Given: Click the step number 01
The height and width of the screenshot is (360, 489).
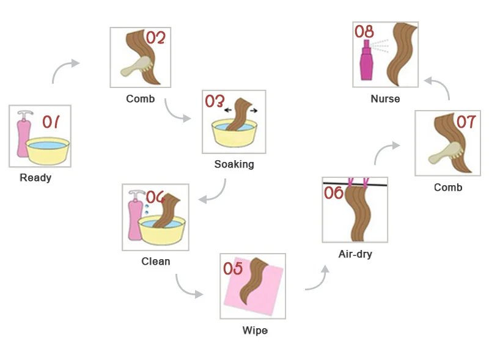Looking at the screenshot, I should coord(51,122).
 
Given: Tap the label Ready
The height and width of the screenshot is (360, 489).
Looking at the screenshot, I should coord(35,178).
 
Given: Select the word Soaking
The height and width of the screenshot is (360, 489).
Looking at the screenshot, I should coord(234,164).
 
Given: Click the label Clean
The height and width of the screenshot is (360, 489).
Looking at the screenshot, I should coord(156,261).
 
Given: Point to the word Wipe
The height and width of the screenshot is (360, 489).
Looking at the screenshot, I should coord(255,331).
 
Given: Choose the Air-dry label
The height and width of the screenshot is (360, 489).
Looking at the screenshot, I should coord(355,254).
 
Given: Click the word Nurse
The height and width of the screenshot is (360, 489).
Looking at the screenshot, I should coord(385,98).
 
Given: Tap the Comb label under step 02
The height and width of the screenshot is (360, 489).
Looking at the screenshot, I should coord(141,98).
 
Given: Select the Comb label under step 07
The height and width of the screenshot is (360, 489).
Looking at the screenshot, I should coord(448,188).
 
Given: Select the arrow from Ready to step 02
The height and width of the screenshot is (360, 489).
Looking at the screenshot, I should coord(64,70).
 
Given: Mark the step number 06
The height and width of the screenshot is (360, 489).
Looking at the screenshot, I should coord(334,193).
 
